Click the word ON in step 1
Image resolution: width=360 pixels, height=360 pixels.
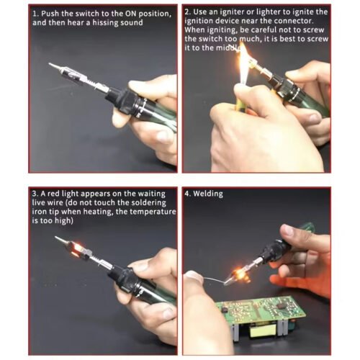(130, 14)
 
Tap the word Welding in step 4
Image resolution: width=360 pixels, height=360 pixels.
(208, 194)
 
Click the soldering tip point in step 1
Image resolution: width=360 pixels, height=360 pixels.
(49, 63)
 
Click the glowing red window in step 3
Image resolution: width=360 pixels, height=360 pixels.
(78, 248)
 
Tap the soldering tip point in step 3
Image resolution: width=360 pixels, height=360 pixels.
(55, 237)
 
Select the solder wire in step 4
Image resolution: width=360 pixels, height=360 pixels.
(214, 279)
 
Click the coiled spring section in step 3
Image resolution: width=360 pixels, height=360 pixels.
(96, 260)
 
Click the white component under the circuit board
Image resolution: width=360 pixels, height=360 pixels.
(260, 331)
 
